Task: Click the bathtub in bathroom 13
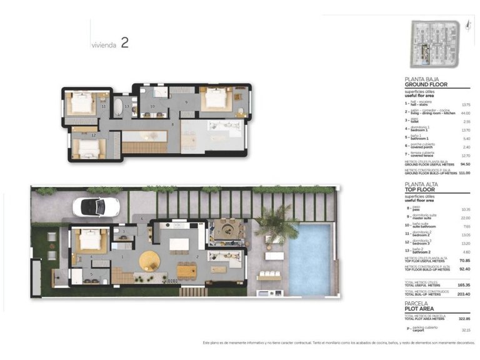(x=117, y=107)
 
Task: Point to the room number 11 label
(x=103, y=107)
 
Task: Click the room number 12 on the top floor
(x=93, y=135)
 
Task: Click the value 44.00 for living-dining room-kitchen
(x=465, y=113)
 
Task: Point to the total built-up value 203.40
(x=464, y=292)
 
